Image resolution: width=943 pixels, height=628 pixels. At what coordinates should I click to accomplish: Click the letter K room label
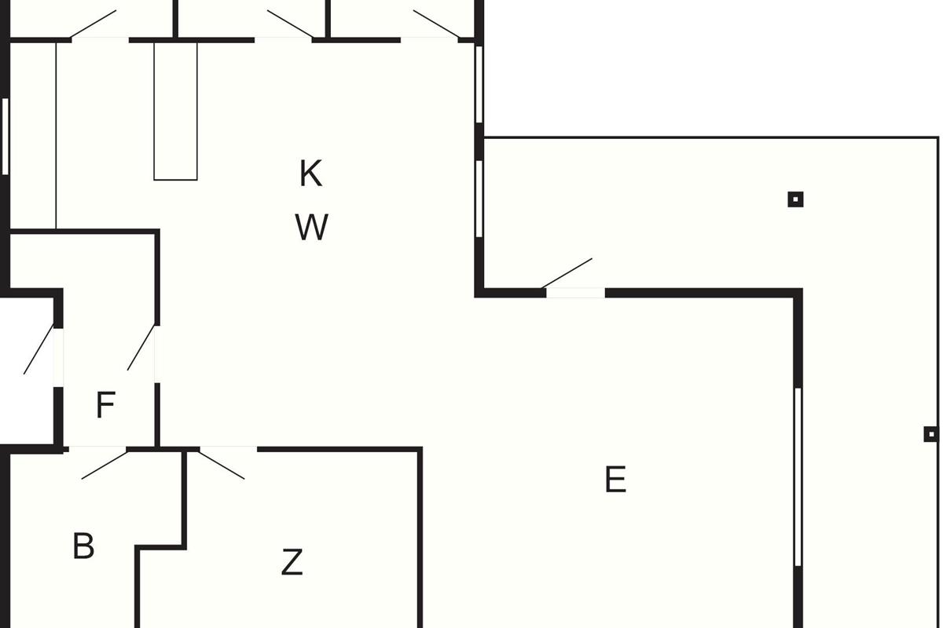(310, 173)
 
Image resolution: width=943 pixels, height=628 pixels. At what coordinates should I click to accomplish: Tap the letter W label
(311, 227)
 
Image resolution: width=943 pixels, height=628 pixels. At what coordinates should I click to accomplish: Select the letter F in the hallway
(105, 404)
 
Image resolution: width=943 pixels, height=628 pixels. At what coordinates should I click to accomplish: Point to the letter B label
(83, 546)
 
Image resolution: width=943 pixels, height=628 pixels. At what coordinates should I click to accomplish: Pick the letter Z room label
(292, 561)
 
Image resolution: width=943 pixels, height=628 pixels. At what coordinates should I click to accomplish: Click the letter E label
(615, 479)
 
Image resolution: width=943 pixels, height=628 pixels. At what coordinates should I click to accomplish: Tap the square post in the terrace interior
(795, 199)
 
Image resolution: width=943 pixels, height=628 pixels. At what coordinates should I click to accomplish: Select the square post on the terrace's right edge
(931, 434)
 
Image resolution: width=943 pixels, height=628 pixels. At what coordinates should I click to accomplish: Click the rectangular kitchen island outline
(175, 111)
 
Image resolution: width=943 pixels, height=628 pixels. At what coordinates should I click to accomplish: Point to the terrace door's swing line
(567, 273)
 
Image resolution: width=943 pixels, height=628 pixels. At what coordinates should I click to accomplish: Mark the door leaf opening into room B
(105, 465)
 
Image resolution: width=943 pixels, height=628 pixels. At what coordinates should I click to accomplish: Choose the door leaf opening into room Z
(222, 465)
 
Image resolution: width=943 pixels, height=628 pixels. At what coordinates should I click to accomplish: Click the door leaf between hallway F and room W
(141, 348)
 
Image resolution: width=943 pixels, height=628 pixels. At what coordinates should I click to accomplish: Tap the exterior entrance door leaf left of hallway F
(39, 349)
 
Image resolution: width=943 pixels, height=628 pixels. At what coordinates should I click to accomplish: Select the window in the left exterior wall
(5, 137)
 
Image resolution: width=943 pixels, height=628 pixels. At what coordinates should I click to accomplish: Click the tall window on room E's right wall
(798, 477)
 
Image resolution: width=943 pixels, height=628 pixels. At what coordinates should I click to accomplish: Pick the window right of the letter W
(479, 199)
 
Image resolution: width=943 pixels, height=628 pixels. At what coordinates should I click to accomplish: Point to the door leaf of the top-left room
(93, 24)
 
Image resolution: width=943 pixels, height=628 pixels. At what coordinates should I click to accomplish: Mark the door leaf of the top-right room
(436, 24)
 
